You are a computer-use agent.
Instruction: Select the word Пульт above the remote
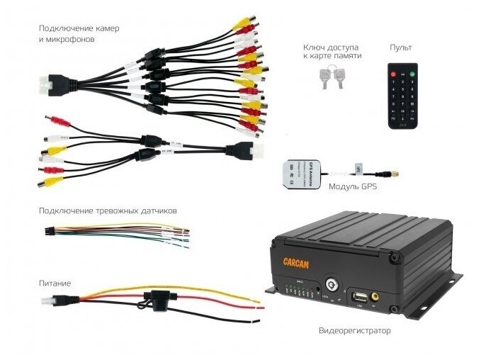[400, 47]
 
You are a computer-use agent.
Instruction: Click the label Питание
[55, 283]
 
